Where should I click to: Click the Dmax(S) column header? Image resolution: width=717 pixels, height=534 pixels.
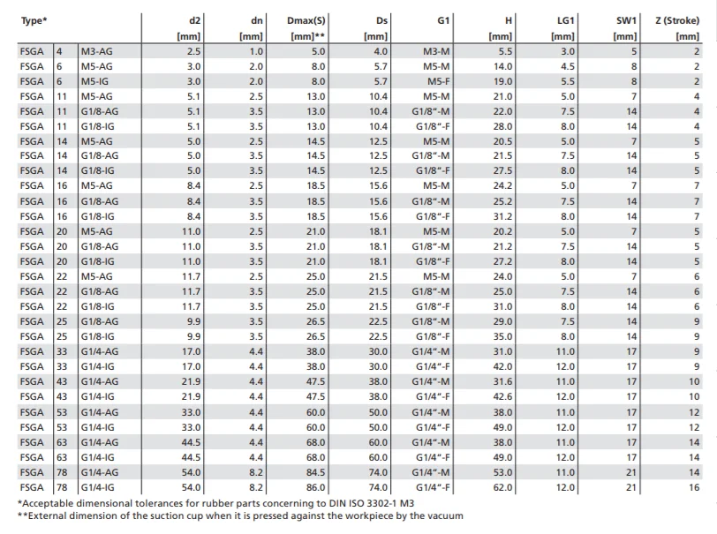tap(306, 20)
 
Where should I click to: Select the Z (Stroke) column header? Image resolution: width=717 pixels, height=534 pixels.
tap(677, 20)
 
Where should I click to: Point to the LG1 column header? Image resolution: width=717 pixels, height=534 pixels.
tap(565, 20)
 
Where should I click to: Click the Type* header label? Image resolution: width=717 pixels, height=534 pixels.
tap(34, 20)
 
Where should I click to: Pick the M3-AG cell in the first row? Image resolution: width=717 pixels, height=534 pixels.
tap(96, 51)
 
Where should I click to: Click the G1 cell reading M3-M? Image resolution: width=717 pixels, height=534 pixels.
tap(436, 51)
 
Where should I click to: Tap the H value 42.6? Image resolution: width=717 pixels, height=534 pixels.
tap(502, 396)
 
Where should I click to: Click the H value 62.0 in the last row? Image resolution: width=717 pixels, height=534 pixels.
tap(502, 487)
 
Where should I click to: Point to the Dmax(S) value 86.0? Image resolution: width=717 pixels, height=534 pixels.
tap(315, 487)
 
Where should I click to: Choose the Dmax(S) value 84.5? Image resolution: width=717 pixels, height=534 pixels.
tap(315, 472)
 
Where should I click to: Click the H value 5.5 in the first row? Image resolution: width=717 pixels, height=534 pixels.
tap(505, 51)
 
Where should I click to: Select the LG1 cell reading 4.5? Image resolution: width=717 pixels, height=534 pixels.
tap(568, 66)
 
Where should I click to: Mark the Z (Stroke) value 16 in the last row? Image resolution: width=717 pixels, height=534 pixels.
tap(694, 487)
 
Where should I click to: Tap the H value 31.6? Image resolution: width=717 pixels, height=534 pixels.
tap(502, 381)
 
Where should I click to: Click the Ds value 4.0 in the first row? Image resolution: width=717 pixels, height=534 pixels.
tap(381, 51)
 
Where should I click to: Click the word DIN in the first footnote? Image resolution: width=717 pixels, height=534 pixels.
tap(337, 503)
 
